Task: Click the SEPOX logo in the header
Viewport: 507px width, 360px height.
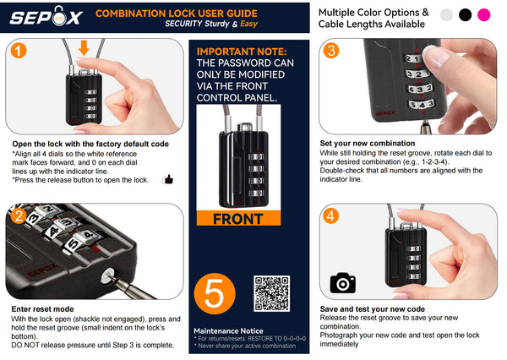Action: pos(46,16)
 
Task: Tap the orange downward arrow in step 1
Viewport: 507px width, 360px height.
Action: pos(84,47)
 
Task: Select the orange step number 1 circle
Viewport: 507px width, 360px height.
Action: pos(19,51)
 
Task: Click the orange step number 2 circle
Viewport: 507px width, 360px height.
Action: pos(19,216)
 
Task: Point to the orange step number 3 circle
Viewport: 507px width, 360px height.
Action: pos(330,51)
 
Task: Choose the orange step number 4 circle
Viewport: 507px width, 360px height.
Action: pos(330,215)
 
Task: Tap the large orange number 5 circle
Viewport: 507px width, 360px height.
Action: pos(215,294)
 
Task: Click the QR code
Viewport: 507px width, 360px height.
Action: pos(271,294)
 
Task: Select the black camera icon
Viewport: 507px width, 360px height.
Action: pos(343,283)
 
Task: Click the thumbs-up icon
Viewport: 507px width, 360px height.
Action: pos(168,179)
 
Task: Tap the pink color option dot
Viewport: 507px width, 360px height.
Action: pos(483,15)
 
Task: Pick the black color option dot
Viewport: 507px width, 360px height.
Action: pos(465,15)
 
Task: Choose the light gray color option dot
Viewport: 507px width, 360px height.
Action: pos(446,15)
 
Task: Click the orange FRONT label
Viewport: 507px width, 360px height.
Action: pos(238,218)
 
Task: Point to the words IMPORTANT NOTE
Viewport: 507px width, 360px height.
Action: pos(242,52)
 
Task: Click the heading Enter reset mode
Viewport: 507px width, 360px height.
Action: pos(43,309)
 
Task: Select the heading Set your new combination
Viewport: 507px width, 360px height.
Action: pos(368,144)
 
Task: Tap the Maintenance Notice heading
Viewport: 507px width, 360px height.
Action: pos(228,331)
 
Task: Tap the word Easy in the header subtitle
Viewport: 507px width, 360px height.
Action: pos(248,24)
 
